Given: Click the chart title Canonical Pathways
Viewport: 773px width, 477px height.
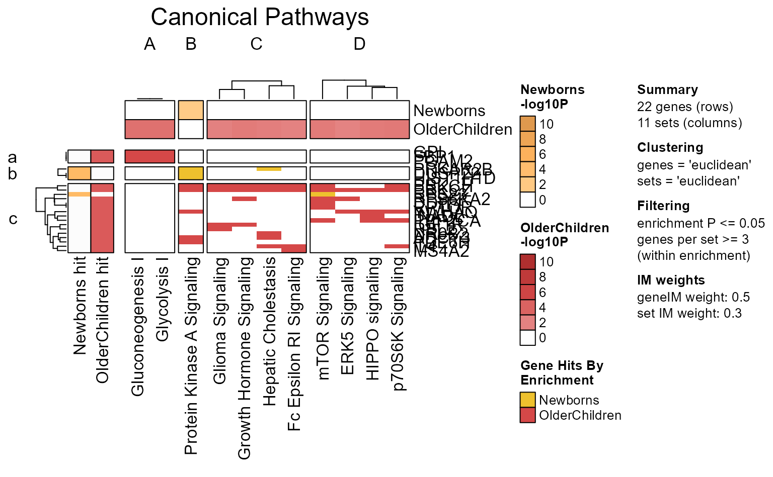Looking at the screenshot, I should [x=260, y=17].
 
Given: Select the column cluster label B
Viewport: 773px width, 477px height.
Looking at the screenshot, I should [x=191, y=44].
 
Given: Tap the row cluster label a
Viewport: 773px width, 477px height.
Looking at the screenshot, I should [x=13, y=157].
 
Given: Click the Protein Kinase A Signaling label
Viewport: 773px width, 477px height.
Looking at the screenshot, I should [x=191, y=355].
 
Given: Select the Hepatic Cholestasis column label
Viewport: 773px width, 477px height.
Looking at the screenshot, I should [x=269, y=331].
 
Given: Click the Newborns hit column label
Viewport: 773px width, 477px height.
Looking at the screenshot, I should [x=80, y=306].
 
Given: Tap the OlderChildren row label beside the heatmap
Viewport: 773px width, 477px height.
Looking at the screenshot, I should [x=462, y=129].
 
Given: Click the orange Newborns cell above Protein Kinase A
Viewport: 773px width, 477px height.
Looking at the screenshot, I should [x=191, y=110].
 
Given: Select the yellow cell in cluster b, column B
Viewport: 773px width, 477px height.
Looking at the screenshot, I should [x=191, y=173].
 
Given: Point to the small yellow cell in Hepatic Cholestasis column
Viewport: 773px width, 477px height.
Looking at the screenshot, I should [x=269, y=169].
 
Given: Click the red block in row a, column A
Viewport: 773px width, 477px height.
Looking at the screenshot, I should [x=149, y=156].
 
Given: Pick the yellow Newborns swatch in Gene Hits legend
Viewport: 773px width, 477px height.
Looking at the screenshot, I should [x=527, y=400].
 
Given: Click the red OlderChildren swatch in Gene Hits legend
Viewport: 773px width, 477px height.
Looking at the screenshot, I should [x=527, y=415].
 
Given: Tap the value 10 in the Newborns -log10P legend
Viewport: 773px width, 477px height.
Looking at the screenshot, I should [x=546, y=124].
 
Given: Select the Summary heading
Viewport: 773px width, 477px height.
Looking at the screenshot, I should [x=667, y=90].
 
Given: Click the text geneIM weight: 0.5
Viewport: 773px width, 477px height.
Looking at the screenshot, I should [x=693, y=297].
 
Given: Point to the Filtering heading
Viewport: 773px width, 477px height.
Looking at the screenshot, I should [x=663, y=206].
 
